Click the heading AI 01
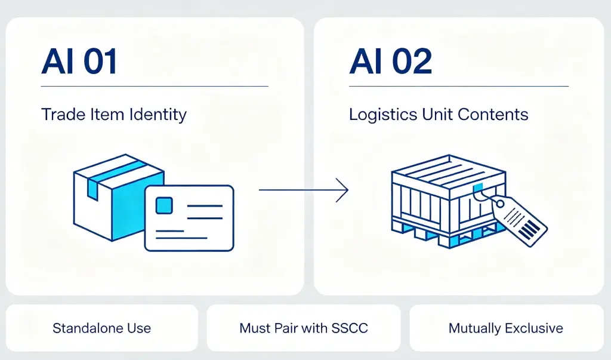(79, 61)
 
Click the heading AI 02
(390, 61)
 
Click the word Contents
(493, 114)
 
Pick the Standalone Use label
(101, 328)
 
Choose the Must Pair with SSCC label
(304, 328)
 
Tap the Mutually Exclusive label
(506, 328)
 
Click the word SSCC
(350, 328)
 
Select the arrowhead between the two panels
(342, 190)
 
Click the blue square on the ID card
(164, 205)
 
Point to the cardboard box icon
(119, 198)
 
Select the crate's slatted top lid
(449, 171)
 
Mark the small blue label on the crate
(478, 187)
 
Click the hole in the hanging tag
(500, 204)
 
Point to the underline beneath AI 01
(155, 86)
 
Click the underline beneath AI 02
(459, 86)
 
